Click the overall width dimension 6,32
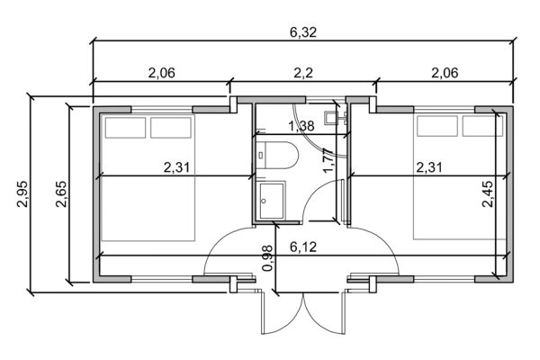pos(302,32)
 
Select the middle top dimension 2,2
pos(302,73)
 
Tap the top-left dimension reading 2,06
pos(160,73)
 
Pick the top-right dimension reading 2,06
pos(444,73)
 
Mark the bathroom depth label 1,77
pos(328,159)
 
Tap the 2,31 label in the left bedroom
pos(178,166)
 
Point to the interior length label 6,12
pos(302,246)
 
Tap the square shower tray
pos(270,198)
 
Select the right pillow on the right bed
pos(479,127)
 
